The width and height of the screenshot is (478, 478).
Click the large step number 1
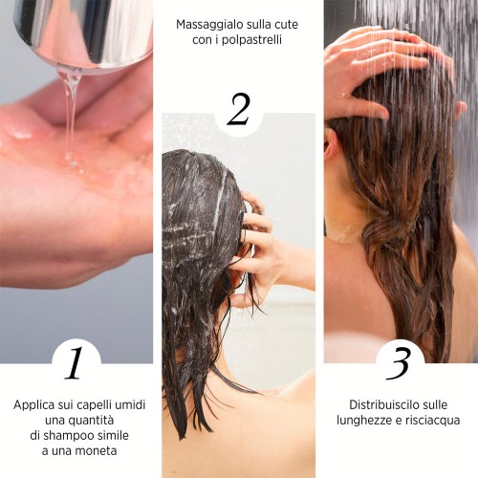pyautogui.click(x=75, y=363)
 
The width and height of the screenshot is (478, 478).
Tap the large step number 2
pyautogui.click(x=238, y=109)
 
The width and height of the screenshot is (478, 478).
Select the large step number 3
pyautogui.click(x=399, y=363)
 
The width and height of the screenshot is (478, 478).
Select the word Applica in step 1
pyautogui.click(x=33, y=405)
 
